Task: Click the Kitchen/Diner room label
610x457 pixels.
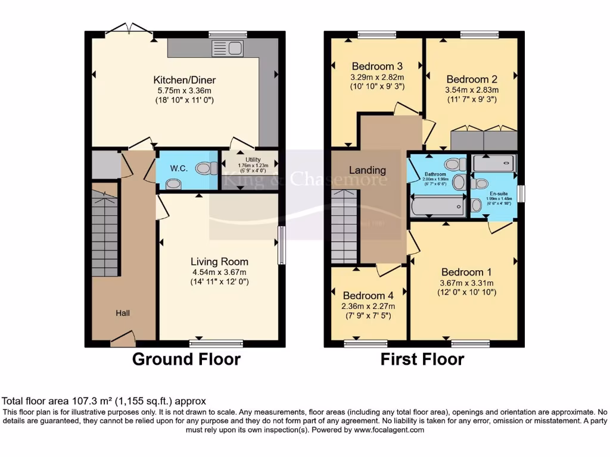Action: click(184, 80)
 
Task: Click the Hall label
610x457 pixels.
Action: click(123, 313)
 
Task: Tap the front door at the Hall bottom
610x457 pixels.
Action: click(123, 340)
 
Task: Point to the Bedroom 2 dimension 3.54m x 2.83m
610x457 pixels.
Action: click(471, 90)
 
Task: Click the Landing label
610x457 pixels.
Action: click(367, 170)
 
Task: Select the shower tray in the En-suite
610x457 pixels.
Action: click(493, 163)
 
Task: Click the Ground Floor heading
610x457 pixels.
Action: click(186, 359)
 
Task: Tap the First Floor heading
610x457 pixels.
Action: click(422, 359)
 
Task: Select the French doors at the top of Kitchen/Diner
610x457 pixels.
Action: click(129, 30)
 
